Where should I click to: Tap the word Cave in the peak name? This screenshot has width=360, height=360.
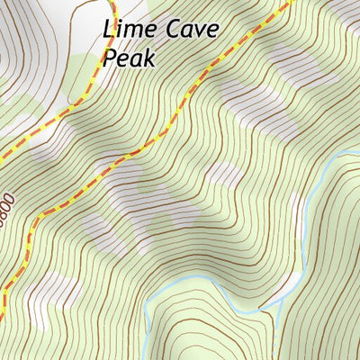click(189, 30)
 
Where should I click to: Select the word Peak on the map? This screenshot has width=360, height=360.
click(130, 58)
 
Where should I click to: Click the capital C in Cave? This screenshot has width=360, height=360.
click(169, 30)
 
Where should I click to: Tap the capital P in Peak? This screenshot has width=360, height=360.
click(111, 58)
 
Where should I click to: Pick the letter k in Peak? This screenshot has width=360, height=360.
click(149, 58)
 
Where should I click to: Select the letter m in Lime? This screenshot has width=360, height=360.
click(132, 31)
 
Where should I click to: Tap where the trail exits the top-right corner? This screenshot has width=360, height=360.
click(292, 3)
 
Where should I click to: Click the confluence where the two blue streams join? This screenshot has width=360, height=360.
click(262, 311)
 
